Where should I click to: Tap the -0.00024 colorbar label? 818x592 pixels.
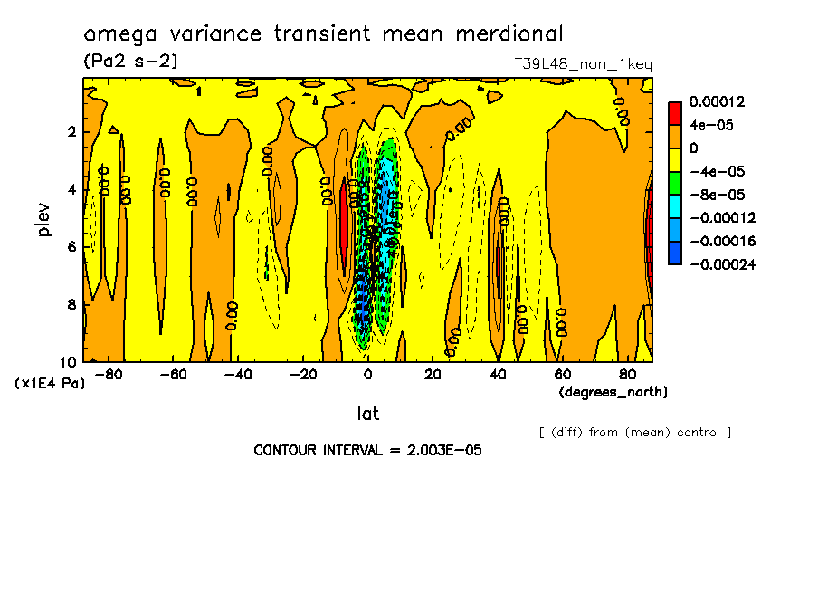[722, 264]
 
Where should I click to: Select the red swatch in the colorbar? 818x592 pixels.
[675, 113]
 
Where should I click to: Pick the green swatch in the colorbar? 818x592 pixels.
[675, 183]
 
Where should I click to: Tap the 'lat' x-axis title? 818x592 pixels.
[368, 414]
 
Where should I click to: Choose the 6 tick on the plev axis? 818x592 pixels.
[70, 247]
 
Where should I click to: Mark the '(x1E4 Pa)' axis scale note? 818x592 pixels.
[50, 384]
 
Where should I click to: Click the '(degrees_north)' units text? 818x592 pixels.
[613, 392]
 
